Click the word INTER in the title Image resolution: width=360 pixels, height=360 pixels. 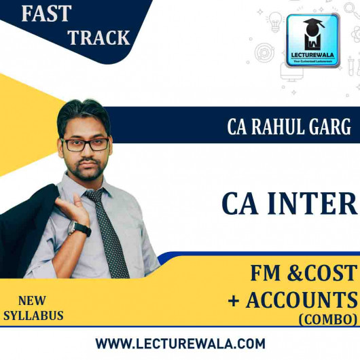point(320,204)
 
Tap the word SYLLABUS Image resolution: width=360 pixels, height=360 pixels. point(33,316)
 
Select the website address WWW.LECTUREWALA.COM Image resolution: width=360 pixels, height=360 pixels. point(180,343)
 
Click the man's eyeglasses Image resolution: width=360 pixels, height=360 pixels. point(85,144)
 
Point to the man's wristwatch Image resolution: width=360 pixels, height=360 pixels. point(79,228)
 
